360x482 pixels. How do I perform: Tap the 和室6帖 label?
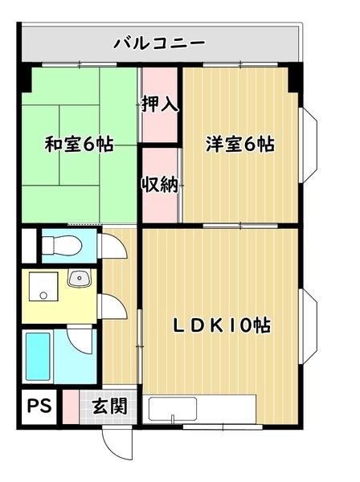(78, 145)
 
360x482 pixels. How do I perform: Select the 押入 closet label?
(160, 104)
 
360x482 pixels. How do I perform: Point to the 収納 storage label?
(160, 184)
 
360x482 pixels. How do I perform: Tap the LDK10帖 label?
(223, 325)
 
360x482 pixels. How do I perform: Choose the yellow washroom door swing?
(111, 305)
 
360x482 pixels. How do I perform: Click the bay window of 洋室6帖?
(309, 145)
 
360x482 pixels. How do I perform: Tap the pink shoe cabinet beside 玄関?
(72, 406)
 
